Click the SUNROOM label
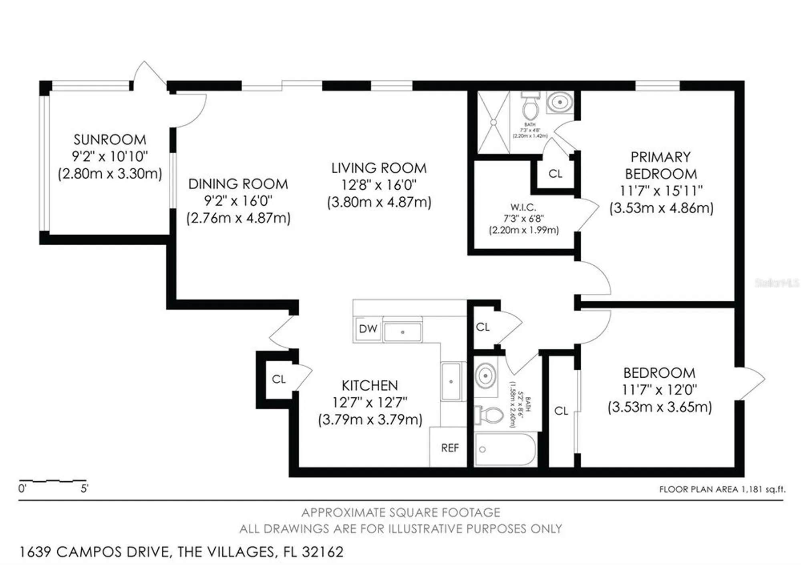coord(110,140)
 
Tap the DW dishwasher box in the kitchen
coord(368,329)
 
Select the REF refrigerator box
coord(449,448)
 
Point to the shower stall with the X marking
coord(493,122)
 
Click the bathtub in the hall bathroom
coord(505,449)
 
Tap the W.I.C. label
coord(523,207)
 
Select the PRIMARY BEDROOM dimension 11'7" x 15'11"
coord(661,191)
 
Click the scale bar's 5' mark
coord(85,489)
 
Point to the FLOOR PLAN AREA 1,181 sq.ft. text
coord(722,489)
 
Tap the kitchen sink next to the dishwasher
coord(402,332)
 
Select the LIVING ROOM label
coord(379,168)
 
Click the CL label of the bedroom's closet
coord(561,411)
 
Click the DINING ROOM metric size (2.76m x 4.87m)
coord(238,218)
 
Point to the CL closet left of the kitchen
coord(278,379)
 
